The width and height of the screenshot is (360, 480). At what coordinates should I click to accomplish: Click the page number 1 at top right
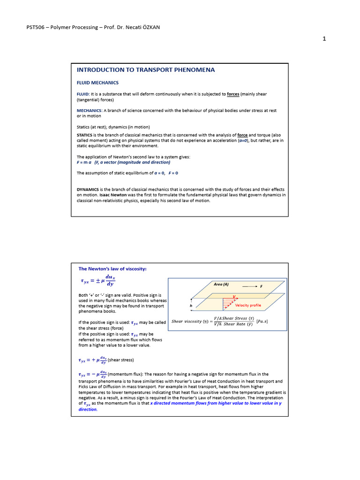pyautogui.click(x=324, y=39)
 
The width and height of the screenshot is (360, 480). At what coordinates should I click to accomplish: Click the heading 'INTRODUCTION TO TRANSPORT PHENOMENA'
pyautogui.click(x=146, y=70)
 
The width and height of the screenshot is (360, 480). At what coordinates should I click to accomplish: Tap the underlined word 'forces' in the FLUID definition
pyautogui.click(x=233, y=94)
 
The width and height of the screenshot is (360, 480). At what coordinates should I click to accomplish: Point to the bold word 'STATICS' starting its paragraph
pyautogui.click(x=86, y=135)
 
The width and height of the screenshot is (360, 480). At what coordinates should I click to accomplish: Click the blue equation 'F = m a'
pyautogui.click(x=84, y=162)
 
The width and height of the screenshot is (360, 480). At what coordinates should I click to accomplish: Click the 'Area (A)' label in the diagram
pyautogui.click(x=221, y=284)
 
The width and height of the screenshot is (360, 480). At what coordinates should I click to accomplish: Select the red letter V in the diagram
pyautogui.click(x=234, y=297)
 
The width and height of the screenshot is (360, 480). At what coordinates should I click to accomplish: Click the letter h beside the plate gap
pyautogui.click(x=191, y=305)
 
